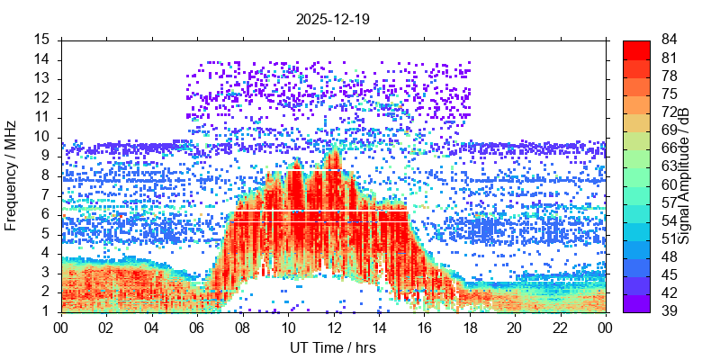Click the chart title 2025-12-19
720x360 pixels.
tap(333, 18)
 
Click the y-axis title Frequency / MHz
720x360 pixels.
tap(12, 175)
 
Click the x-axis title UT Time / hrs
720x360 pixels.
tap(333, 347)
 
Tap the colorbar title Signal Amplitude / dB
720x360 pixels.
tap(684, 175)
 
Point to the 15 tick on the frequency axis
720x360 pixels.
tap(42, 40)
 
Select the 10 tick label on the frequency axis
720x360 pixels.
tap(42, 137)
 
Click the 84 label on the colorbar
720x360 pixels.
tap(669, 40)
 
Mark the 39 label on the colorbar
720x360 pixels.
tap(669, 310)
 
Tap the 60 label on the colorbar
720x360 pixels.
tap(669, 184)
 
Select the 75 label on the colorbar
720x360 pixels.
tap(669, 94)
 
